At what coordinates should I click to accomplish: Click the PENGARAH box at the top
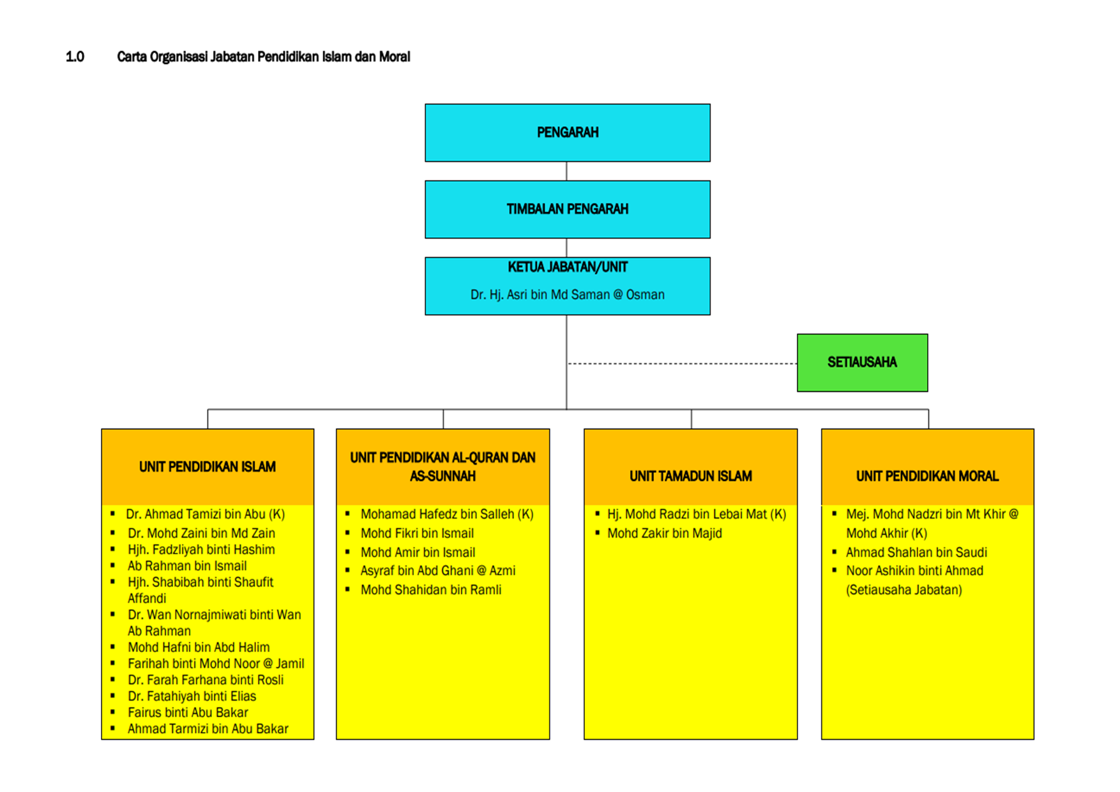click(x=568, y=133)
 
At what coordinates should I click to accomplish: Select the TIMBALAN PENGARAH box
click(x=568, y=209)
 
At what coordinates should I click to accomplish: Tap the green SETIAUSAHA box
click(x=862, y=363)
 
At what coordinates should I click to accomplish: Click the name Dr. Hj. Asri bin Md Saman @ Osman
click(x=568, y=295)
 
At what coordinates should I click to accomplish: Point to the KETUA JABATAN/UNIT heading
click(x=568, y=268)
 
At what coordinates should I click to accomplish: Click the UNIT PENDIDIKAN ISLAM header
click(x=208, y=467)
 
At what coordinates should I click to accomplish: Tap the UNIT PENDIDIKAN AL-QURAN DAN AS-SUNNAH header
click(x=443, y=467)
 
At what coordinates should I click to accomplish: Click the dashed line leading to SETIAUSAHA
click(x=682, y=363)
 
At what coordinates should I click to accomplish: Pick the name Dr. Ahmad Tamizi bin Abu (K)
click(x=206, y=514)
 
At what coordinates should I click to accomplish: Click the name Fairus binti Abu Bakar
click(x=188, y=713)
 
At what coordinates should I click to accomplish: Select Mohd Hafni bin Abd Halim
click(x=199, y=648)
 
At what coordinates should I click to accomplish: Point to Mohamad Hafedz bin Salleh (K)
click(x=447, y=514)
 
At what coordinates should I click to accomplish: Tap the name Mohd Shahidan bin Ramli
click(x=431, y=590)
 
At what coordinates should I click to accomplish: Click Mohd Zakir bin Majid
click(x=665, y=533)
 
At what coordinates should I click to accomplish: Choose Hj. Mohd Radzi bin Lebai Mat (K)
click(x=697, y=514)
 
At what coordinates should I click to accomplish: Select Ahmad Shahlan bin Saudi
click(x=916, y=552)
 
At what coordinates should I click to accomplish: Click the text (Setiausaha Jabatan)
click(x=904, y=590)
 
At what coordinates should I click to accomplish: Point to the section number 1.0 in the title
click(x=75, y=57)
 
